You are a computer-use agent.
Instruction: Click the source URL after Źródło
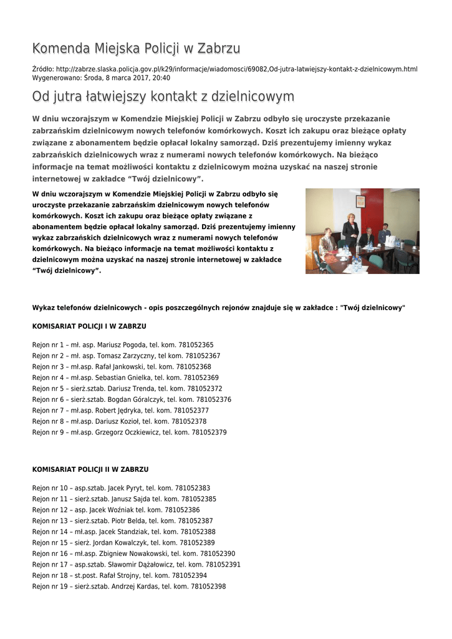click(236, 69)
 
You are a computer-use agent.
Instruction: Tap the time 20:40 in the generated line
click(161, 78)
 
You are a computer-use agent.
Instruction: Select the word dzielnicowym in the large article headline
click(252, 97)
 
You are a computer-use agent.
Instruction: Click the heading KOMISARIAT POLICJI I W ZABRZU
click(89, 326)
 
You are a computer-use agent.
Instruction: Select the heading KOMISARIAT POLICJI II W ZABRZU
click(90, 469)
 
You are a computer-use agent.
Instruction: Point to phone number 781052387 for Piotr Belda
click(195, 520)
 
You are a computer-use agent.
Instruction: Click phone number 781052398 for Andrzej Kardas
click(208, 587)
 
